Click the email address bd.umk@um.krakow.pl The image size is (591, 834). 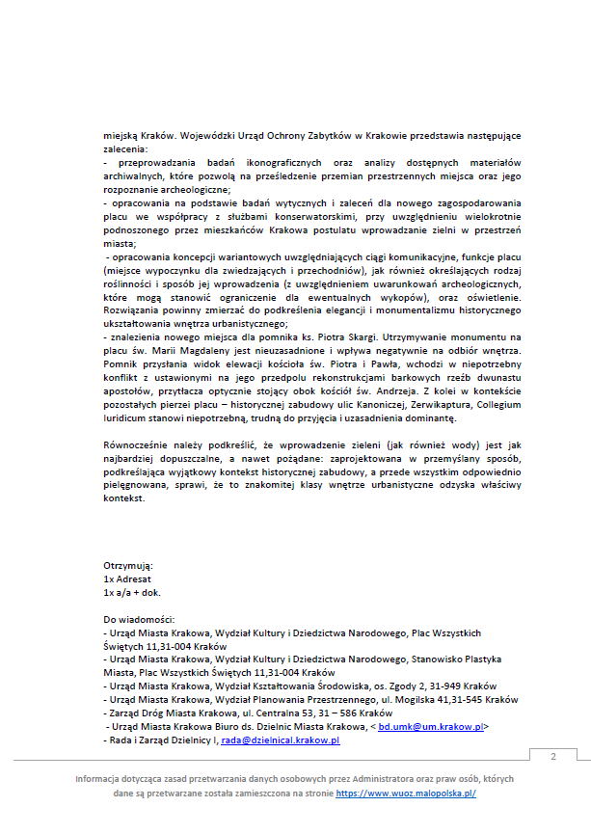(431, 726)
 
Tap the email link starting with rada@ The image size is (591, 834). (281, 740)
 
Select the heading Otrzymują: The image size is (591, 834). (127, 565)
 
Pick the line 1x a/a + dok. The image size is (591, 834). (132, 592)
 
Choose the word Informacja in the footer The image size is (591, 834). (104, 778)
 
